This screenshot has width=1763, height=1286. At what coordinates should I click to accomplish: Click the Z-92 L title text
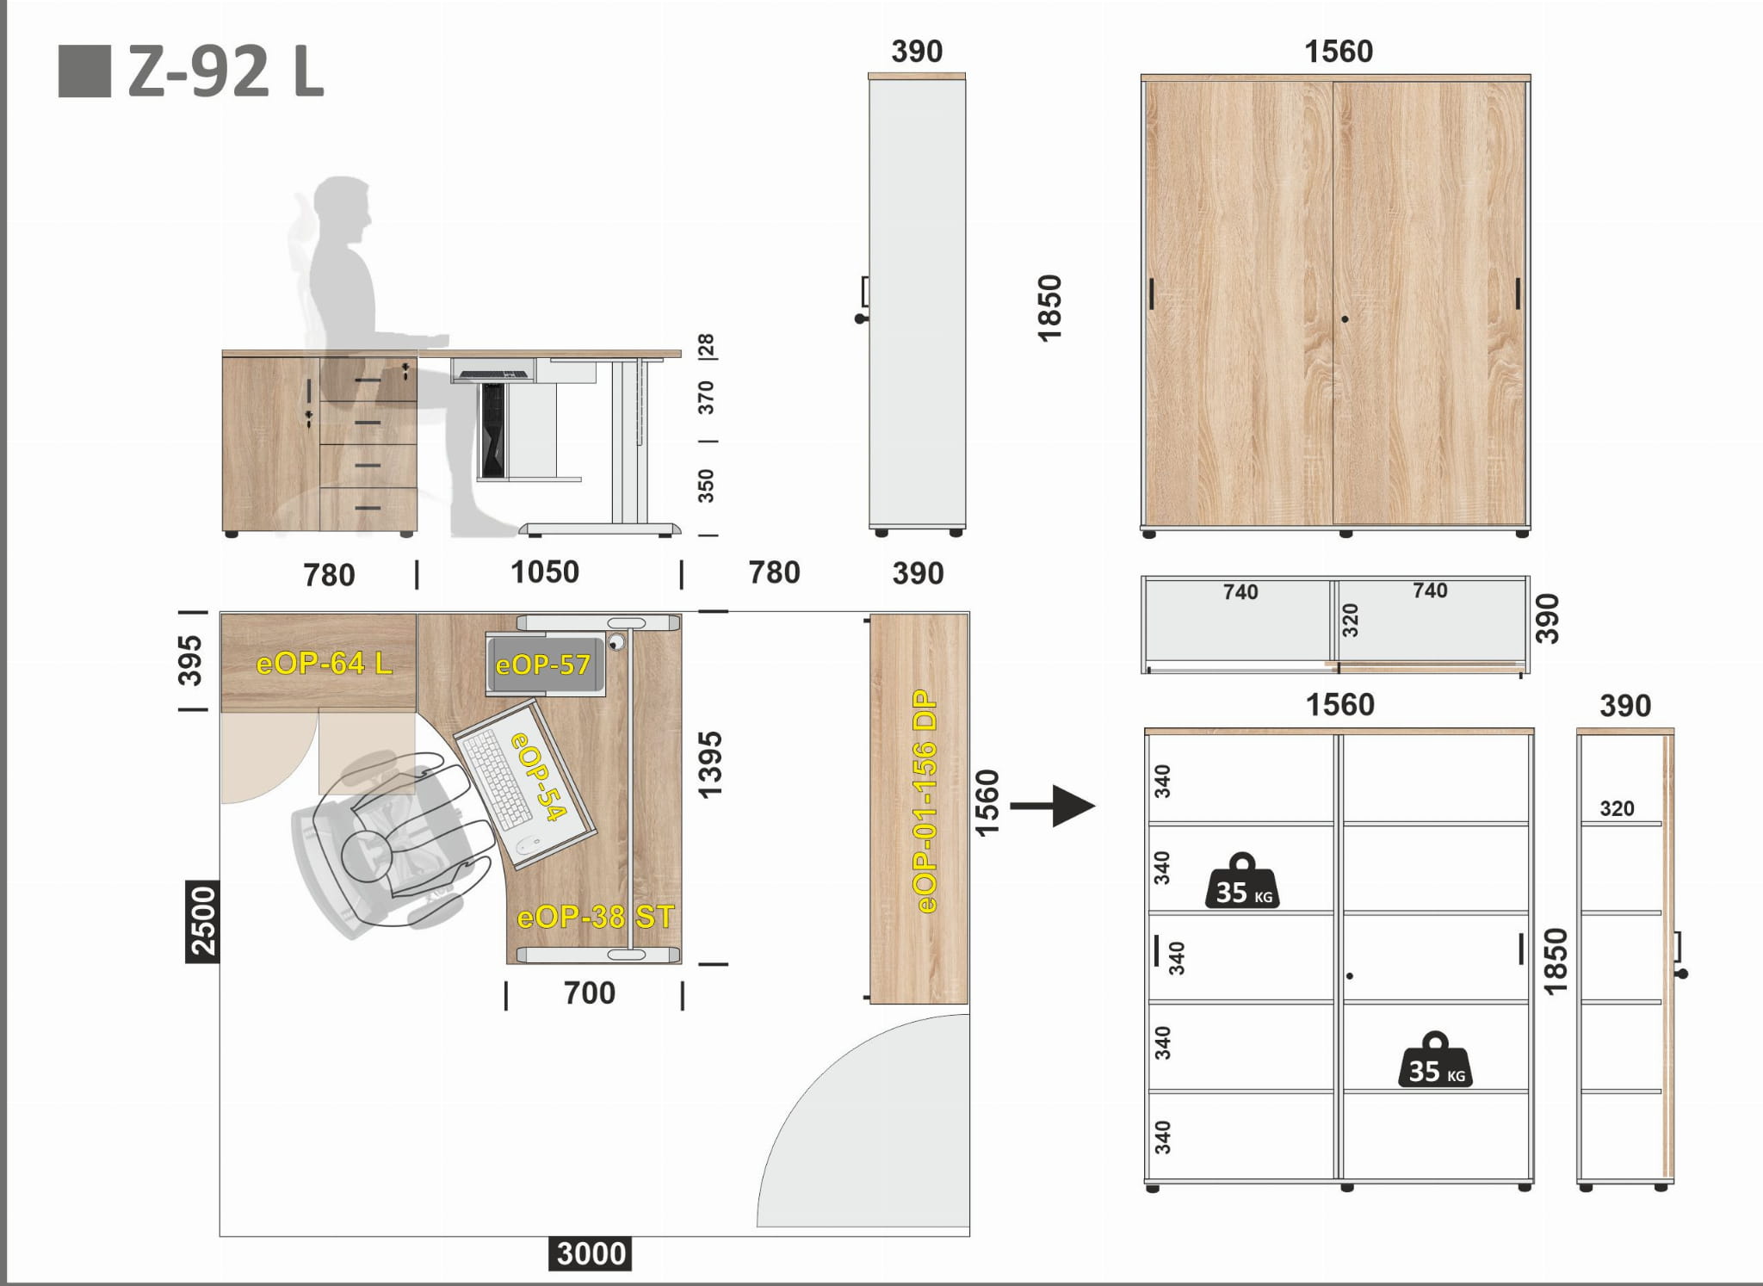tap(226, 72)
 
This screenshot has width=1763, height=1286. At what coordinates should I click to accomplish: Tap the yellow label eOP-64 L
tap(325, 663)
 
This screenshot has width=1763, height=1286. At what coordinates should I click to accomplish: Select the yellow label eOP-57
tap(543, 665)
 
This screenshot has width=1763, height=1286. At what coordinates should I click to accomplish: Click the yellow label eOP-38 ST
tap(596, 917)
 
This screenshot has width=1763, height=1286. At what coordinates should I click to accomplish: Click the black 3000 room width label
tap(591, 1253)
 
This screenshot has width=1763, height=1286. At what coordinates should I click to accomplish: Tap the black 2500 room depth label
tap(203, 921)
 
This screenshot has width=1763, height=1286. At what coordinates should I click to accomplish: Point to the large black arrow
tap(1052, 807)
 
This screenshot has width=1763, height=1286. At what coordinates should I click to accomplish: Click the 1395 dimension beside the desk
tap(710, 765)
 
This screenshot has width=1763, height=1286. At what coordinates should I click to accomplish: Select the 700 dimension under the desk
tap(590, 993)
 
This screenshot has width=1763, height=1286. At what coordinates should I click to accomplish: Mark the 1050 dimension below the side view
tap(545, 572)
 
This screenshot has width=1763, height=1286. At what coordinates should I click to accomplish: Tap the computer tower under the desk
tap(493, 430)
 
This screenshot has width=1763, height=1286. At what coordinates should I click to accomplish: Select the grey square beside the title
tap(84, 71)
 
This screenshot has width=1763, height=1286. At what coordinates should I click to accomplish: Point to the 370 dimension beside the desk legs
tap(706, 398)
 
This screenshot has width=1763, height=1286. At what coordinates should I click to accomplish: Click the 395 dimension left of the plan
tap(190, 661)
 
